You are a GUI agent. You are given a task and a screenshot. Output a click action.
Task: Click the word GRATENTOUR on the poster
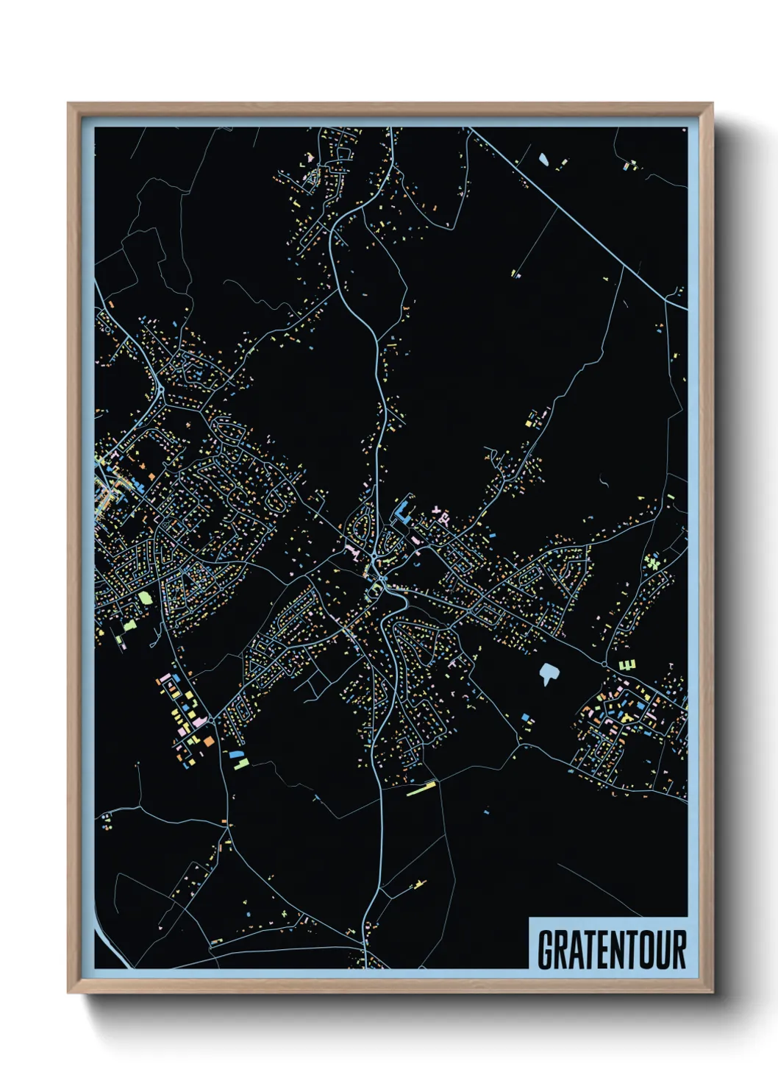pyautogui.click(x=612, y=949)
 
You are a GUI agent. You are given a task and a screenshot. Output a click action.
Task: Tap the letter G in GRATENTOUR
pyautogui.click(x=546, y=949)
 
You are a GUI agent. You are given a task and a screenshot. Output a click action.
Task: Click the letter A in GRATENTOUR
pyautogui.click(x=577, y=949)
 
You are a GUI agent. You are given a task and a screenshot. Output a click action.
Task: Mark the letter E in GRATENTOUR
pyautogui.click(x=601, y=949)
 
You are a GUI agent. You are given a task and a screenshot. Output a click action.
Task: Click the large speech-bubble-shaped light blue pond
pyautogui.click(x=548, y=673)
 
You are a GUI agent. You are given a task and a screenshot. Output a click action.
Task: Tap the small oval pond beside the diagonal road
pyautogui.click(x=543, y=158)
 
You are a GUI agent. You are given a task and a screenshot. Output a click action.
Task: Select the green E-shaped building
pyautogui.click(x=627, y=665)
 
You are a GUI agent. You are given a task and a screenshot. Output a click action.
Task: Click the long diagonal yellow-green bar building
pyautogui.click(x=421, y=790)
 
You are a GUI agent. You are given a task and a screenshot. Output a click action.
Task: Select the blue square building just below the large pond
pyautogui.click(x=526, y=717)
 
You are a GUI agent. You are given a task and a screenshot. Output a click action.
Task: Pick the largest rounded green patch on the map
pyautogui.click(x=146, y=597)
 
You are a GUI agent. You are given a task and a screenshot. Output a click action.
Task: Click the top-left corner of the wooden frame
pyautogui.click(x=69, y=104)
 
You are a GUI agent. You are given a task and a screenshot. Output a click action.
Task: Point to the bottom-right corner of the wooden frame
pyautogui.click(x=712, y=992)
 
